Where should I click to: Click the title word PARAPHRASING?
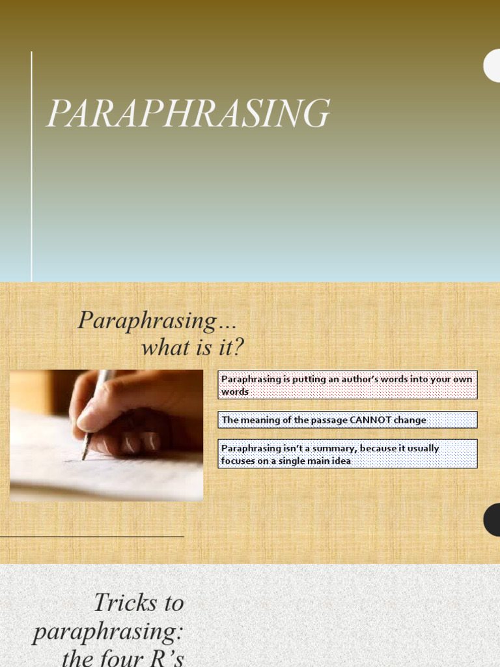pos(187,114)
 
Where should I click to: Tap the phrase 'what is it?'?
pos(192,347)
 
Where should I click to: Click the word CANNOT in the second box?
pos(370,420)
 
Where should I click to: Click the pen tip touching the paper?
pos(84,457)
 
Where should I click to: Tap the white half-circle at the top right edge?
pos(492,66)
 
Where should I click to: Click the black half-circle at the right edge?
pos(492,520)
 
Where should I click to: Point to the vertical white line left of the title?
pos(31,166)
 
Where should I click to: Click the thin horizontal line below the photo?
pos(91,536)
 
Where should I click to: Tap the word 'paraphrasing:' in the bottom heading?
pos(108,631)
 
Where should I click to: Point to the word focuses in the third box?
pos(239,461)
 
